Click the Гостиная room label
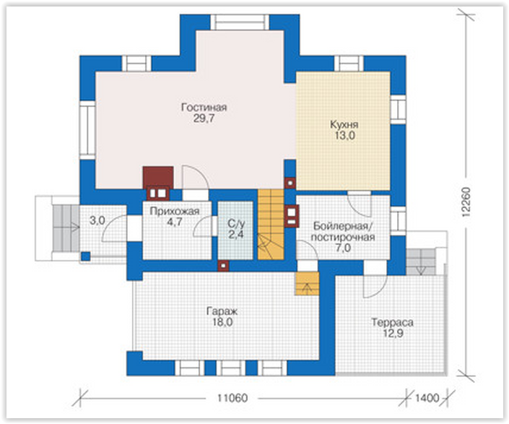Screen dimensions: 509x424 point(204,107)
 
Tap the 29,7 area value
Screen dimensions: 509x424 point(204,118)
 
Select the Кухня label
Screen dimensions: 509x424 point(344,125)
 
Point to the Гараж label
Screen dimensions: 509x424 point(222,311)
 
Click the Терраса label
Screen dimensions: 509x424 point(393,322)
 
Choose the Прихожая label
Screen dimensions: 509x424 point(175,212)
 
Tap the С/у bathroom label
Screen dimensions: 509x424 point(236,224)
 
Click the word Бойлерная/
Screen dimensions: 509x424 point(341,226)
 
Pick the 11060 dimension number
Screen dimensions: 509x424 point(232,398)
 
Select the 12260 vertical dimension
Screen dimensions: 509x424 point(466,202)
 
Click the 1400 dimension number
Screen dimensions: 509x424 point(427,398)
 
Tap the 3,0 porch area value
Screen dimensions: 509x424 point(97,221)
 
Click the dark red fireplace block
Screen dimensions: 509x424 point(158,177)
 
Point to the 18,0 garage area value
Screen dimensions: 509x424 point(222,322)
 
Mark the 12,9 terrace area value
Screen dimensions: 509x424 point(393,334)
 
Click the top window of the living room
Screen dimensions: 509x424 point(240,22)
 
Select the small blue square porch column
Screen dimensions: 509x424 point(86,256)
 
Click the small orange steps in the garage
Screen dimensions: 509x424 point(307,284)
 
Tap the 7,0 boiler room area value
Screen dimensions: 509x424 point(343,248)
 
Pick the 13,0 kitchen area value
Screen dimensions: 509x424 point(344,136)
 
